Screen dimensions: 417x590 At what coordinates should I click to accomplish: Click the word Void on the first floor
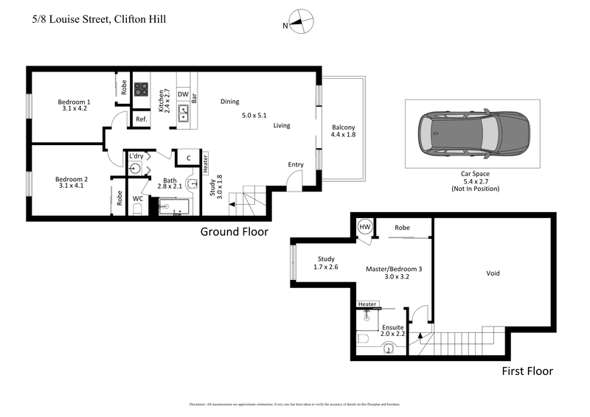pyautogui.click(x=493, y=273)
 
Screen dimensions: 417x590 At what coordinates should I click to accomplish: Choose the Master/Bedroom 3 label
pyautogui.click(x=394, y=270)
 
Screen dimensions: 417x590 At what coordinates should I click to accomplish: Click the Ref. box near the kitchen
pyautogui.click(x=141, y=119)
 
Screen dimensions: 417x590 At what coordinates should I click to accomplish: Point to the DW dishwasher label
pyautogui.click(x=182, y=94)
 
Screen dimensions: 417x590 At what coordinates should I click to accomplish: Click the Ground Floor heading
pyautogui.click(x=234, y=231)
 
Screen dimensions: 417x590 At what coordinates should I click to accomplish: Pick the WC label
pyautogui.click(x=138, y=199)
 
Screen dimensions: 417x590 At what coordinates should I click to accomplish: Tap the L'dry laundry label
pyautogui.click(x=136, y=156)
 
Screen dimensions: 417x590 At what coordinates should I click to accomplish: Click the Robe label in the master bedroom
pyautogui.click(x=402, y=228)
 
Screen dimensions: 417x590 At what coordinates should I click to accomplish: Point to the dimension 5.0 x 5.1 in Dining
pyautogui.click(x=254, y=116)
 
